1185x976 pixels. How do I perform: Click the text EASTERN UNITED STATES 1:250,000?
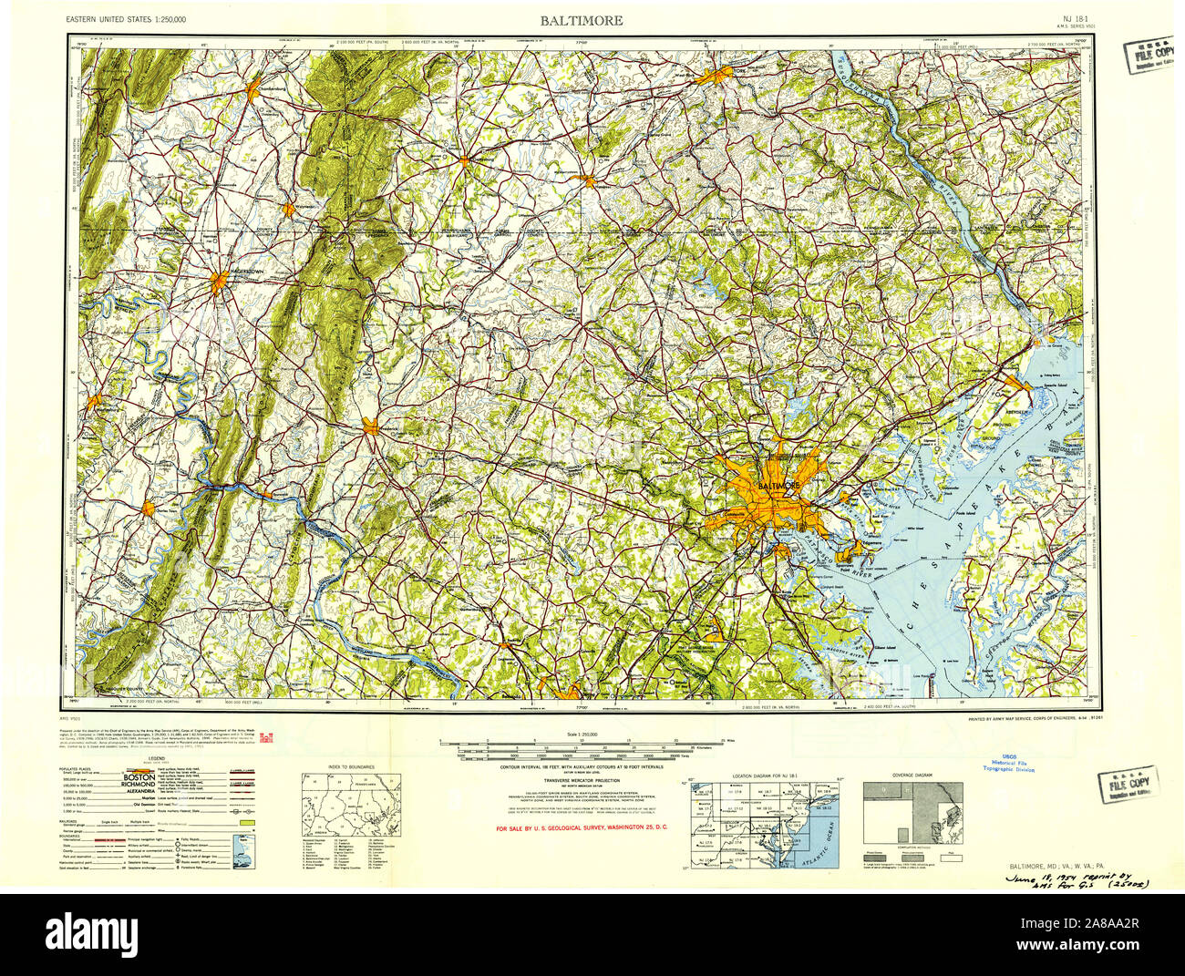pyautogui.click(x=139, y=19)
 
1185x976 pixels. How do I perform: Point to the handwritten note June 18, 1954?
pyautogui.click(x=1077, y=879)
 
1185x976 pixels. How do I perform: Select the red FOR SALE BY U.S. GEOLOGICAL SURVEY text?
pyautogui.click(x=582, y=828)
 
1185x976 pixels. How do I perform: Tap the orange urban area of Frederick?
pyautogui.click(x=371, y=426)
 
